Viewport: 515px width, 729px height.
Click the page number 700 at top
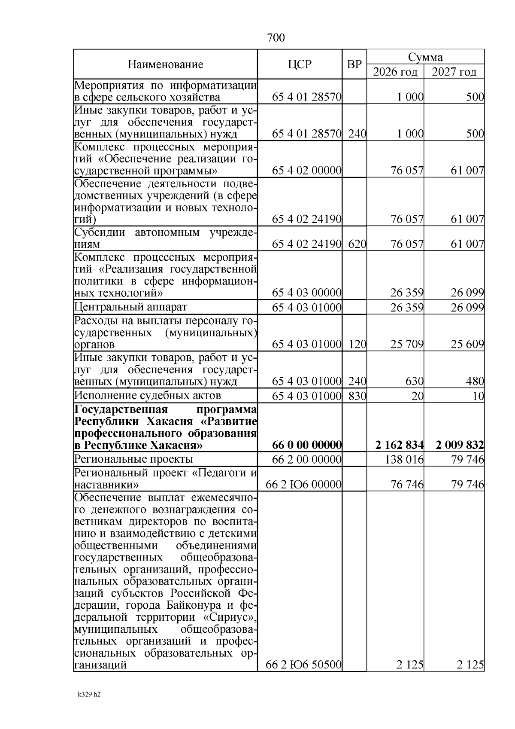click(x=276, y=38)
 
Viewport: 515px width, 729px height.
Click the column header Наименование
click(x=165, y=65)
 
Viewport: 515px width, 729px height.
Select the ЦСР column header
click(x=300, y=64)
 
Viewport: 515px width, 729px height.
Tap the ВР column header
click(x=354, y=64)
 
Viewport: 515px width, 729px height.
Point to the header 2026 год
click(x=395, y=72)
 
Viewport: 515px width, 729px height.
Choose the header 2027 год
click(x=454, y=72)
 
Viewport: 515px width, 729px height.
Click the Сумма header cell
click(x=425, y=57)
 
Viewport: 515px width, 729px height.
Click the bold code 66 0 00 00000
click(x=307, y=445)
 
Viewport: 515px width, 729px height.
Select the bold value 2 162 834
click(x=399, y=445)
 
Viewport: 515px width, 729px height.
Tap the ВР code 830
click(x=357, y=396)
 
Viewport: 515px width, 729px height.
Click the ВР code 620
click(x=357, y=244)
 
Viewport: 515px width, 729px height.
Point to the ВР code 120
click(x=357, y=344)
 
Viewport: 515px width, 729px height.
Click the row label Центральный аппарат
click(x=131, y=307)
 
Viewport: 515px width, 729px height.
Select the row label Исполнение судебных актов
click(x=148, y=395)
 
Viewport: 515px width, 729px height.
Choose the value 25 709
click(x=407, y=344)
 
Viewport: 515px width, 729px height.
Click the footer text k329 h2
click(x=89, y=695)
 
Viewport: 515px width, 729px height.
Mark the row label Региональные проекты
click(x=133, y=459)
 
